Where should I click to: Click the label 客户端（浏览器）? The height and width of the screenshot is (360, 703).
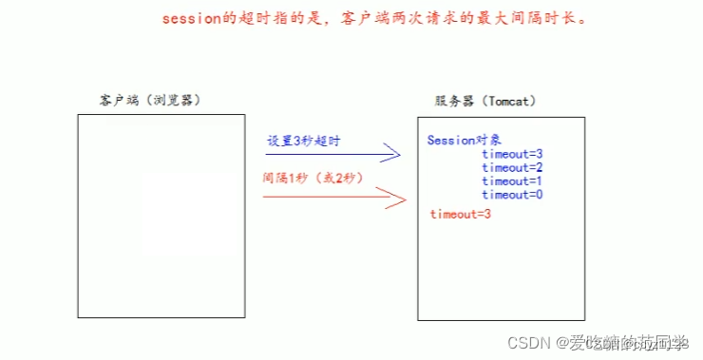point(150,99)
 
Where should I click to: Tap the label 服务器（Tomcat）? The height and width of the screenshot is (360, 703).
point(483,100)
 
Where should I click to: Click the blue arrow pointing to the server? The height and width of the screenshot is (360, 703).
point(332,154)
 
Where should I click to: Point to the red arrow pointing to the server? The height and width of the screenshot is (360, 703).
point(332,199)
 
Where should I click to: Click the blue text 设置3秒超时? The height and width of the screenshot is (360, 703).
point(303,141)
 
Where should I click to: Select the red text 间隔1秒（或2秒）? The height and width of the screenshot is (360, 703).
point(313,178)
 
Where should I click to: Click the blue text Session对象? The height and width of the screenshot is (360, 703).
point(464,141)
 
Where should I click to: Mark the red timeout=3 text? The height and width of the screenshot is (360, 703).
point(460,215)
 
